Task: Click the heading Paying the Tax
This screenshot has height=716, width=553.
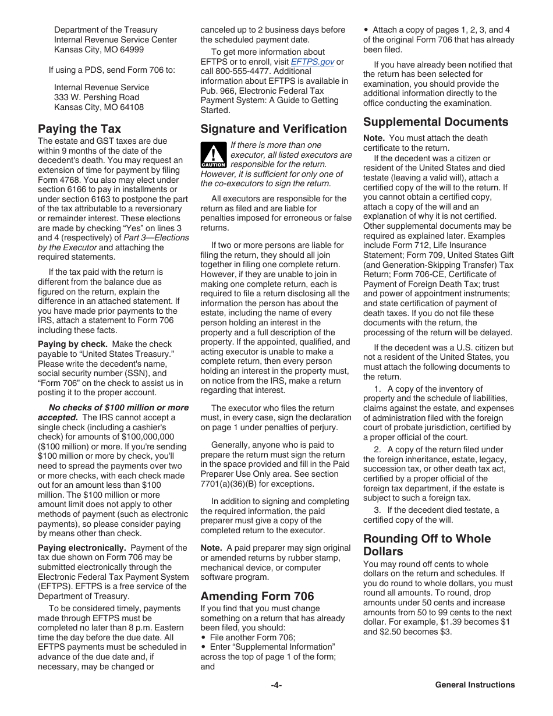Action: tap(79, 129)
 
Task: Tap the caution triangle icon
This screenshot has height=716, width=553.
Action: tap(213, 155)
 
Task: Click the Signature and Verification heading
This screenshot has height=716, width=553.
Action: tap(273, 129)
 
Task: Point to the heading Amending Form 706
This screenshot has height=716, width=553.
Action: tap(257, 596)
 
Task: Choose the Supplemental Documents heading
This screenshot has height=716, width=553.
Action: tap(435, 122)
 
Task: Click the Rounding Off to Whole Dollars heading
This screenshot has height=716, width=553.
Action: tap(427, 545)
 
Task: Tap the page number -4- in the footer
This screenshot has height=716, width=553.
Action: tap(276, 685)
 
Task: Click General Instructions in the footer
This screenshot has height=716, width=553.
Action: tap(474, 685)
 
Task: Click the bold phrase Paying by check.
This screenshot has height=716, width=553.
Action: tap(73, 344)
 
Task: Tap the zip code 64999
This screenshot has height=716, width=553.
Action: tap(132, 49)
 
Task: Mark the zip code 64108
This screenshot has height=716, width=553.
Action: tap(132, 107)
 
